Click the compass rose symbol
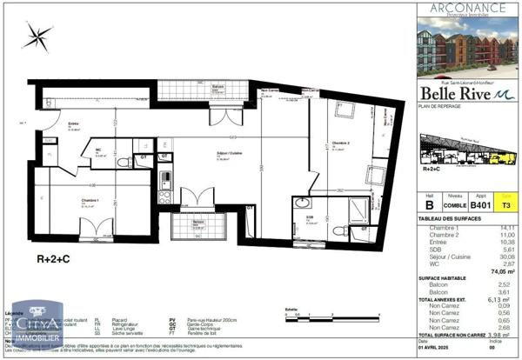[37, 36]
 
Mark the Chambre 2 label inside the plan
[340, 143]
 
